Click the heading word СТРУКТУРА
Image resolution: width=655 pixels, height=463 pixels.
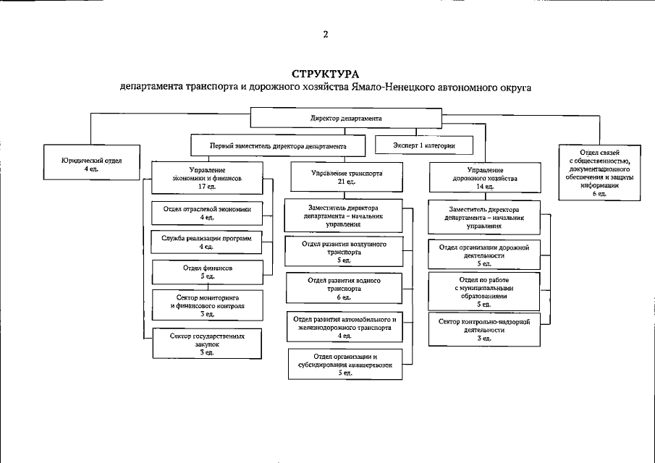click(x=326, y=75)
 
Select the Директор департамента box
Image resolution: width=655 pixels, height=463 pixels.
click(x=346, y=117)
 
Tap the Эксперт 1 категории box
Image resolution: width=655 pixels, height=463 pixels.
click(x=425, y=145)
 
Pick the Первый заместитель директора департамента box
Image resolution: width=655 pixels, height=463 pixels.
click(x=278, y=145)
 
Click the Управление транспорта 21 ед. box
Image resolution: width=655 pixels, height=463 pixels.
click(x=346, y=177)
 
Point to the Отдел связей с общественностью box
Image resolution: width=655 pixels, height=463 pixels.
click(x=599, y=172)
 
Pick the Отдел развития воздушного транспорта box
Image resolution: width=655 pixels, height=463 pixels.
click(x=344, y=251)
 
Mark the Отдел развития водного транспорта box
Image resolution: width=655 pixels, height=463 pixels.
click(x=344, y=287)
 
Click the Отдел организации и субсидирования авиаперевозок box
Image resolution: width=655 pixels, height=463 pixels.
click(x=344, y=364)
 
